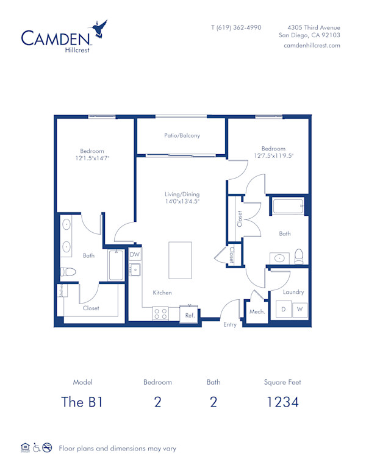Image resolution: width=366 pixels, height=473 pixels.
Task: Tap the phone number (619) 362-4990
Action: point(236,27)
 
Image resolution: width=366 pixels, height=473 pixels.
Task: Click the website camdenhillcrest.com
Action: point(312,46)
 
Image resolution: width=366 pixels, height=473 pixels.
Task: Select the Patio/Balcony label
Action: point(182,136)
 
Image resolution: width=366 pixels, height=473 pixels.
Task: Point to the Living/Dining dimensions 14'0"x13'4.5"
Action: point(182,201)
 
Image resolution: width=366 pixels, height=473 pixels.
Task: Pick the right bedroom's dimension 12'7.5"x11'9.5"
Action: point(273,155)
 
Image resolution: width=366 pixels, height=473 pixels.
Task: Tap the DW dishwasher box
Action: point(135,255)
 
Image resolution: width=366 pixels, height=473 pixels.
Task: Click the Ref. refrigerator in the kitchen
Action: point(190,315)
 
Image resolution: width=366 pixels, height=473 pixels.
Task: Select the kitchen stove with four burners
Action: point(161,313)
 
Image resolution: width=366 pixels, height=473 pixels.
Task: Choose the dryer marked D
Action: point(283,310)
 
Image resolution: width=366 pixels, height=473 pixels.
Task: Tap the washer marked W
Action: point(300,310)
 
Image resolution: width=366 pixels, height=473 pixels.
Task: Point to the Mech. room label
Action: point(256,311)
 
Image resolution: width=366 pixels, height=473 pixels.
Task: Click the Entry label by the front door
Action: point(230,325)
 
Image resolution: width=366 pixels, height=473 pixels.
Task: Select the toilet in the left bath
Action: point(67,271)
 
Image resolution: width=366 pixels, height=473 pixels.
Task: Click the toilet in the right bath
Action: point(299,256)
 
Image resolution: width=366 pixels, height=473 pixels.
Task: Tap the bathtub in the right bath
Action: point(288,206)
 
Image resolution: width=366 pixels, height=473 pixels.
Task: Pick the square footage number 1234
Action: point(282,402)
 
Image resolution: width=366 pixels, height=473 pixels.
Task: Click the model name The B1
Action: point(82,402)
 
